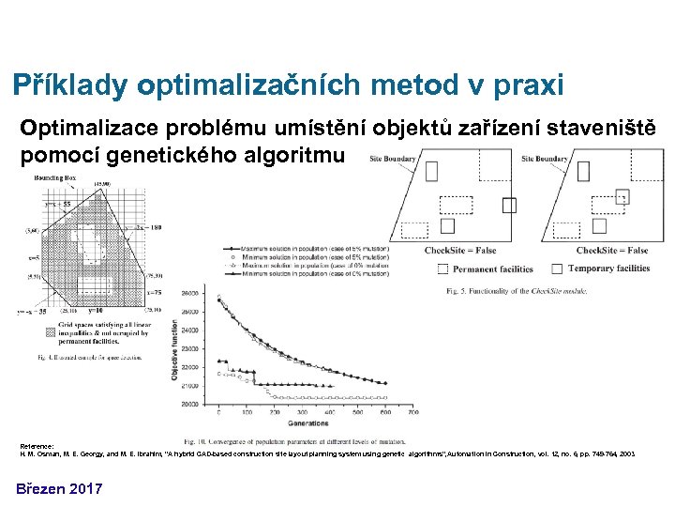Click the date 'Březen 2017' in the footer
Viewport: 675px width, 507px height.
click(x=58, y=488)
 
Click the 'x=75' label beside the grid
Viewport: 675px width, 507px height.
click(x=154, y=293)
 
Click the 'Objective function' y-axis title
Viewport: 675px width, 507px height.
click(x=175, y=346)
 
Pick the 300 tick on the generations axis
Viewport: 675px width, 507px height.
click(x=302, y=412)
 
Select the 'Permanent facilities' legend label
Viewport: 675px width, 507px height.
click(x=492, y=269)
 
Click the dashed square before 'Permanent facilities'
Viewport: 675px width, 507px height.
click(x=442, y=269)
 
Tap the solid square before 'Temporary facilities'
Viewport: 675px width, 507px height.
click(x=558, y=269)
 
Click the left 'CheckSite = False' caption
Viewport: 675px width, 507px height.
click(x=460, y=251)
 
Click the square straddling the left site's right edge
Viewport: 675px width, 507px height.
click(x=509, y=206)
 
